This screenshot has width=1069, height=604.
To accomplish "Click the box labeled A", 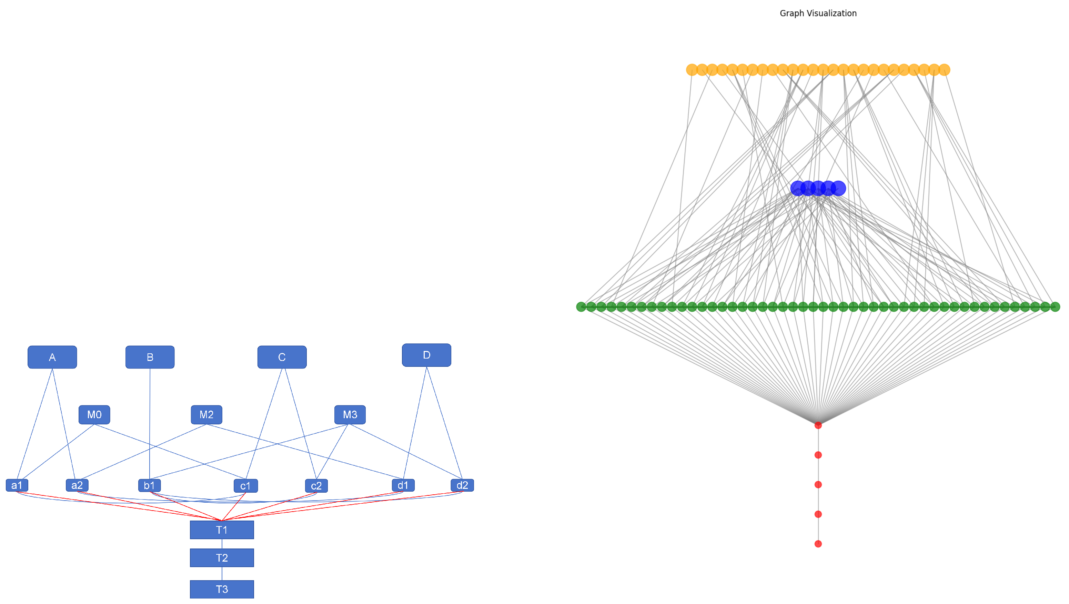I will (52, 357).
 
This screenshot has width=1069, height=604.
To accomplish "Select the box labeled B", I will (150, 357).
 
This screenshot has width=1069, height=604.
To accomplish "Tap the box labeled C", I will (282, 357).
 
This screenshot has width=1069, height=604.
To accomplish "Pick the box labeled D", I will (426, 355).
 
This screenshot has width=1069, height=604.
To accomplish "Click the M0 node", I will (94, 414).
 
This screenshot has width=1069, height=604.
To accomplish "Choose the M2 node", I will (206, 414).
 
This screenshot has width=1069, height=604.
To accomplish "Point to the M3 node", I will (350, 414).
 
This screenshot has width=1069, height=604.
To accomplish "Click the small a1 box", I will (17, 485).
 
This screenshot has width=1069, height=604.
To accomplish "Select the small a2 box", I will (77, 485).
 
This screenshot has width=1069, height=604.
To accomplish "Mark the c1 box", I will (246, 486).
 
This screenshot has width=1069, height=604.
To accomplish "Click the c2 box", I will (316, 486).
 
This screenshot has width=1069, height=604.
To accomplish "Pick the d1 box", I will (403, 485).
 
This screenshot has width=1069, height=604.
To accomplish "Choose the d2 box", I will (462, 485).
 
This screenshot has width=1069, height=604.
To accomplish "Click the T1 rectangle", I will (222, 530).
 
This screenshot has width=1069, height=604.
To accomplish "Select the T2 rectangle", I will (222, 557).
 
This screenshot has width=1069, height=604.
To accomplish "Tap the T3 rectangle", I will (222, 589).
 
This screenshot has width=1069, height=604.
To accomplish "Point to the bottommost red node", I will (818, 544).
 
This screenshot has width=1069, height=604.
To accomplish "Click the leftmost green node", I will (581, 307).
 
